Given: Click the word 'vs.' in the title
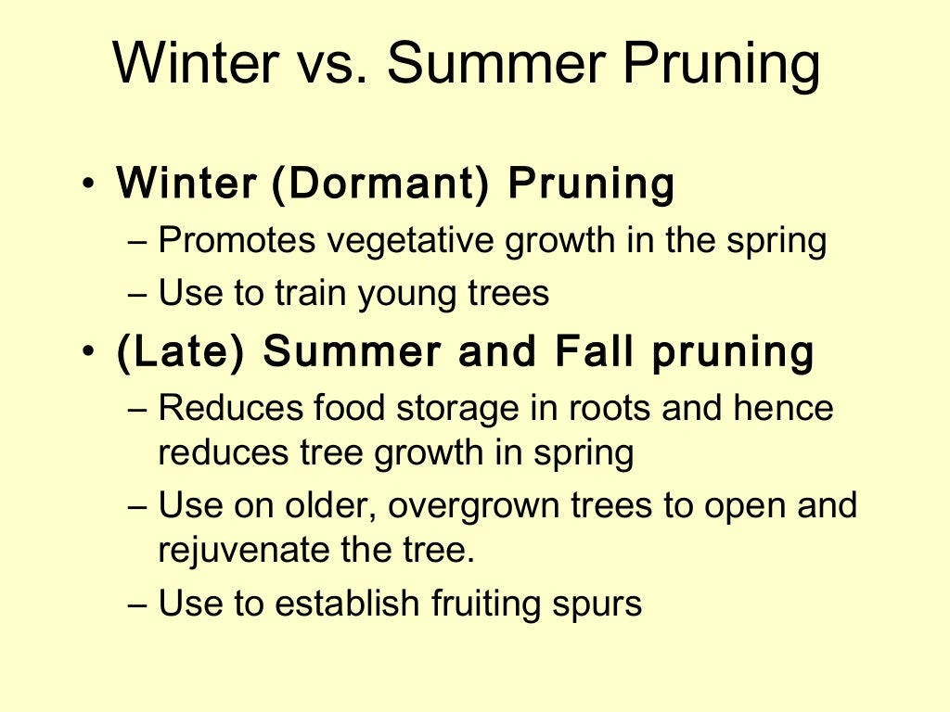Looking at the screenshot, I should tap(331, 64).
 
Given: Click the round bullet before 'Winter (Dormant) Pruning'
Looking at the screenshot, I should tap(88, 184).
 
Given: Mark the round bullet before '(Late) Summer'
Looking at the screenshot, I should tap(88, 353).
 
